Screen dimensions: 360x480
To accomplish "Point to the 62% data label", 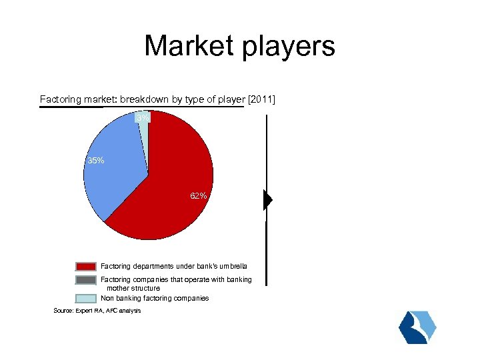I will coord(198,197).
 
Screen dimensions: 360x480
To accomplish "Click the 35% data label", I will coord(96,161).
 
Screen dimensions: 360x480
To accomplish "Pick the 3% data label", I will coord(143,118).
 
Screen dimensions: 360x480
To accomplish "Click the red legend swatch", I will coord(87,267).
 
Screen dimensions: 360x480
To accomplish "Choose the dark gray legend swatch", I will coord(87,280).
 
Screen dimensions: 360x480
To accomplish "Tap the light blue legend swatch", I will coord(87,299).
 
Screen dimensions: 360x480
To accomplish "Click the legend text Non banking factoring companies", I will coord(155,299).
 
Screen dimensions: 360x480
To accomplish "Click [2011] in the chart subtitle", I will coord(261,100).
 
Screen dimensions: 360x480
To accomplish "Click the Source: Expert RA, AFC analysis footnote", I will coord(97,311).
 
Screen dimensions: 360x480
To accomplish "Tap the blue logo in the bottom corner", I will coord(417,327).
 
